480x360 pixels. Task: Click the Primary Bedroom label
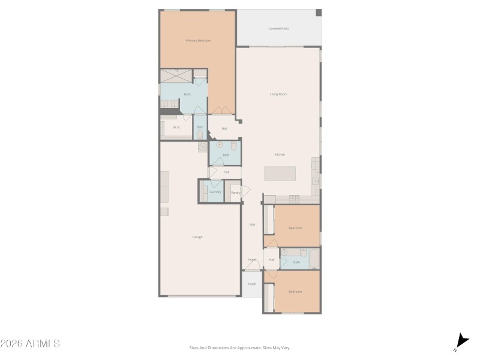198,40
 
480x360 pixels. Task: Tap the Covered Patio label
278,28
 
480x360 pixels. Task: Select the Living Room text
278,94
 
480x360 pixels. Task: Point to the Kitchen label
280,155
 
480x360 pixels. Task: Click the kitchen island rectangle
280,173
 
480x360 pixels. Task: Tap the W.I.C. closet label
177,127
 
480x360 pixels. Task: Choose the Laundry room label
215,192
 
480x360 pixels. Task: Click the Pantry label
236,193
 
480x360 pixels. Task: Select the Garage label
197,237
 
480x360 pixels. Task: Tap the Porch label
252,284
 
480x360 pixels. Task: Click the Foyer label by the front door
252,260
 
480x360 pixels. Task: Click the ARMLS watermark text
30,344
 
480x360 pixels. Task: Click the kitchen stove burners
294,198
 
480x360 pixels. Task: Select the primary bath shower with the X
176,76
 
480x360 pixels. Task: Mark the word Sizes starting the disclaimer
194,347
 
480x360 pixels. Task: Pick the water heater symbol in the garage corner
203,147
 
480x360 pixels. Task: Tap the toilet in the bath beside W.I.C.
200,133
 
